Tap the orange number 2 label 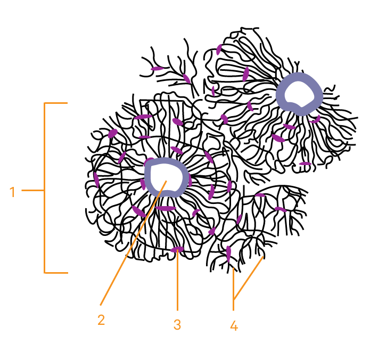coord(101,320)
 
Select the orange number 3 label coord(177,324)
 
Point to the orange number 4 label coord(234,325)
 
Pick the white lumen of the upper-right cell coord(299,94)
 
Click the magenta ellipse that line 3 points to coord(177,249)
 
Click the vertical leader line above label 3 coord(177,282)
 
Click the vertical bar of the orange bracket coord(45,186)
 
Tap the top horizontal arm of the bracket coord(56,103)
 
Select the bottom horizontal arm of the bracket coord(56,273)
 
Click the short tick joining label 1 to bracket coord(32,190)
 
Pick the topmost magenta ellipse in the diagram coord(219,50)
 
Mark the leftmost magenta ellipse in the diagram coord(96,179)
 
